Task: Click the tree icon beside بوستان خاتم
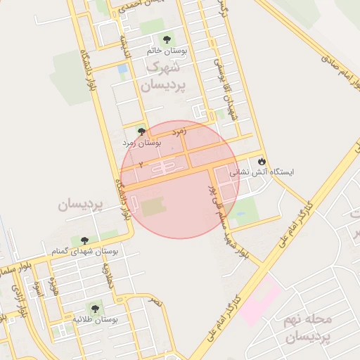pyautogui.click(x=167, y=40)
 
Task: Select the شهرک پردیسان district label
pyautogui.click(x=162, y=77)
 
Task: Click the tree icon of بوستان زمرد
pyautogui.click(x=141, y=131)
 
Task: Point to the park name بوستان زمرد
pyautogui.click(x=143, y=143)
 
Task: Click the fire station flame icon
pyautogui.click(x=262, y=161)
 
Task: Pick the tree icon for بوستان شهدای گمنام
pyautogui.click(x=85, y=240)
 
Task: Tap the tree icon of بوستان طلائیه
pyautogui.click(x=94, y=308)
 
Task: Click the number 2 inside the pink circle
pyautogui.click(x=141, y=163)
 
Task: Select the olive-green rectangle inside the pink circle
pyautogui.click(x=152, y=207)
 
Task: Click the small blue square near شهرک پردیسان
pyautogui.click(x=123, y=69)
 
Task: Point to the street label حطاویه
pyautogui.click(x=108, y=275)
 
